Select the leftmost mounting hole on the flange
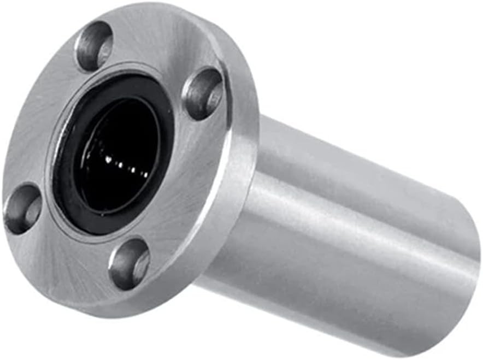22,208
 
